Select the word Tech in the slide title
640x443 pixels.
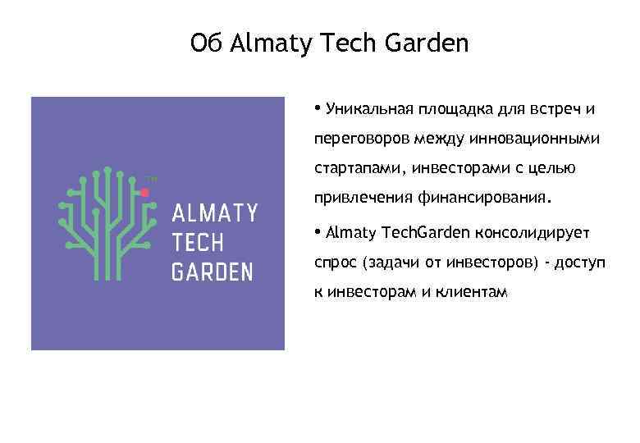coord(341,43)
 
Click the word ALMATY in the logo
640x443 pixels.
coord(214,214)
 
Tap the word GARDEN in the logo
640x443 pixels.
coord(212,272)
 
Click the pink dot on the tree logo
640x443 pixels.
coord(144,192)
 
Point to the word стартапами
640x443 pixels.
coord(357,169)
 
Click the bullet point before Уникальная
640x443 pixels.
coord(317,108)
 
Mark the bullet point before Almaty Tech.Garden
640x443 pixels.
coord(317,231)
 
